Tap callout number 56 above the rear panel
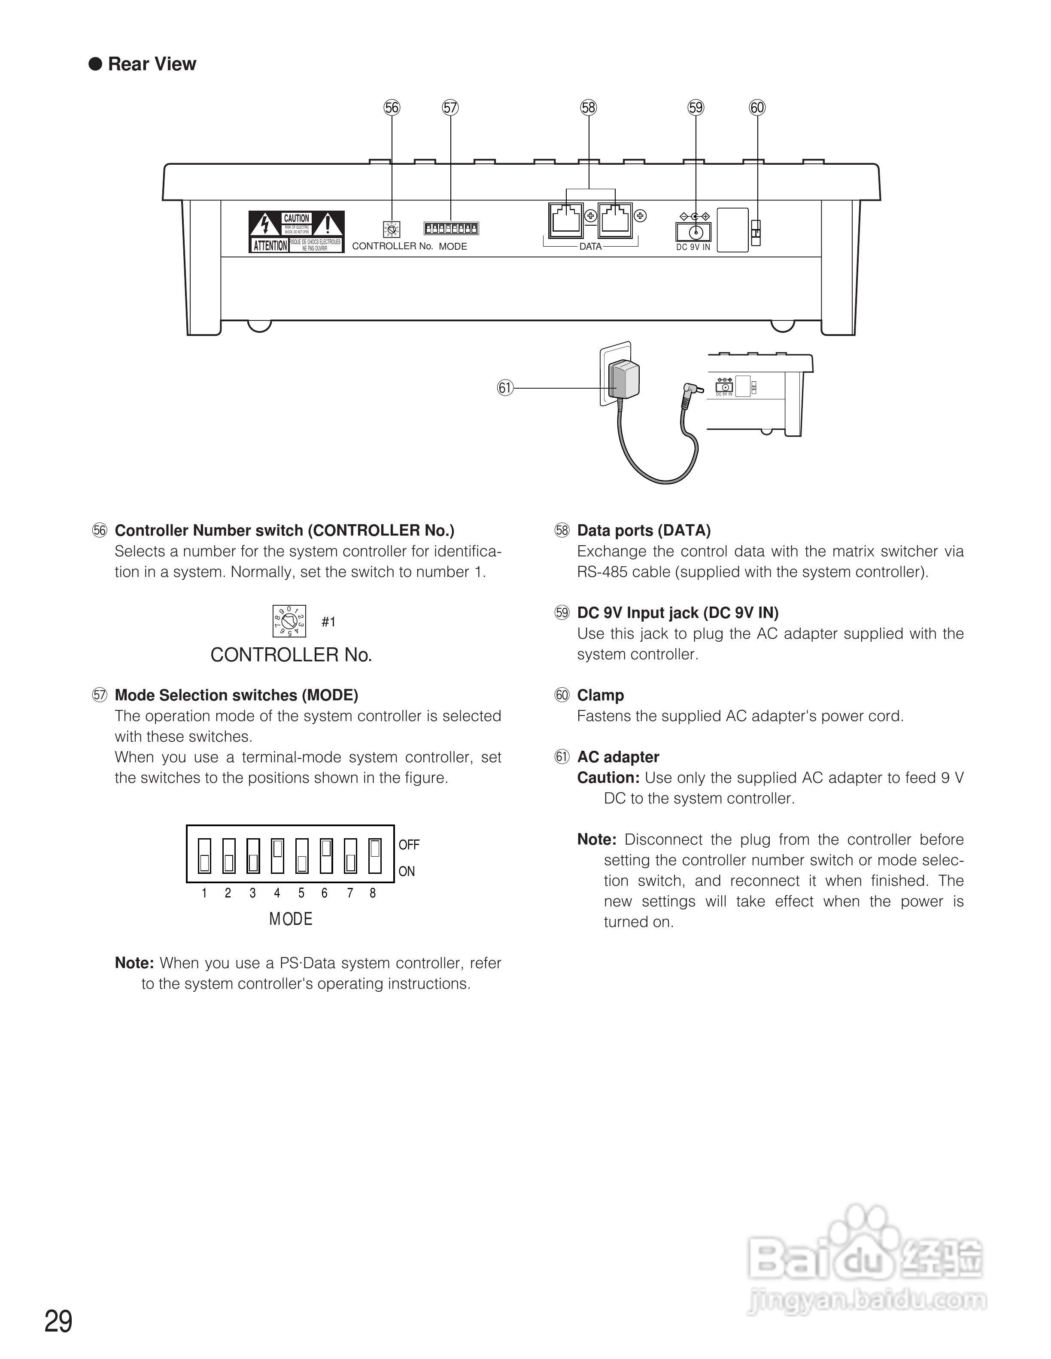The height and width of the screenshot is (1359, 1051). (x=392, y=108)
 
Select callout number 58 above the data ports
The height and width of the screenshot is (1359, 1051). (x=588, y=108)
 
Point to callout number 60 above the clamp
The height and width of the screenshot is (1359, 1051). (x=757, y=108)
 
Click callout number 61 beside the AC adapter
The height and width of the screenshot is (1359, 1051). (x=505, y=388)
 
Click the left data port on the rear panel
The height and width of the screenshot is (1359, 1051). (x=565, y=219)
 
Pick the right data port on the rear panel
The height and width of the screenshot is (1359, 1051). (x=614, y=219)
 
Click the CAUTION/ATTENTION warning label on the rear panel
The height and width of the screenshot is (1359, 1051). (x=296, y=232)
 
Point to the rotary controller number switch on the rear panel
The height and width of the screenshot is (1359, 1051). (x=392, y=230)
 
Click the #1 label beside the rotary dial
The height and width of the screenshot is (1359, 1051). (x=328, y=622)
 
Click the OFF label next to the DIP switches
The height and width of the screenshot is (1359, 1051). (x=409, y=844)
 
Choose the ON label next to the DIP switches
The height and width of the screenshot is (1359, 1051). (x=407, y=871)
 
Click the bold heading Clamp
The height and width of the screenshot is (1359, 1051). (x=600, y=695)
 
